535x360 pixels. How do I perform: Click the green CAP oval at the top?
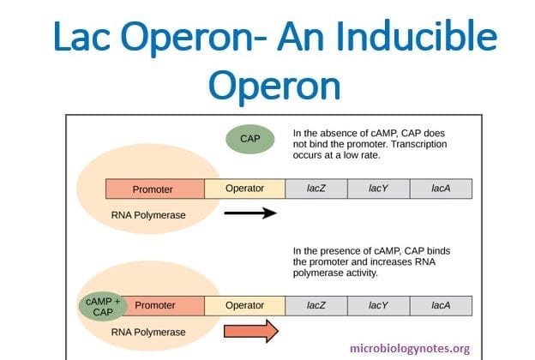(249, 138)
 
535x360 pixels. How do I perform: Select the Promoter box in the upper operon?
(154, 189)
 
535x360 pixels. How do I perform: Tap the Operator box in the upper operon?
(244, 189)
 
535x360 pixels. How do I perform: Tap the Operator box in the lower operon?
(244, 305)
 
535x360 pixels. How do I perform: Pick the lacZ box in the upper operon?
(316, 189)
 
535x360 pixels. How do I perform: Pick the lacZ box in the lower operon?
(316, 305)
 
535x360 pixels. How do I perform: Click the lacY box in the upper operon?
(378, 189)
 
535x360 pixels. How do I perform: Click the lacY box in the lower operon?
(378, 305)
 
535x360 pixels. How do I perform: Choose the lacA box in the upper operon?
(441, 189)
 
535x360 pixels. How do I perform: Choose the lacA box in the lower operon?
(441, 305)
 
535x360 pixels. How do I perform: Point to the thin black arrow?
(250, 213)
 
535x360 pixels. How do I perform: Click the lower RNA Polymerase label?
(150, 329)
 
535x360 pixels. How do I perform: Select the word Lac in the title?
(76, 38)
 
